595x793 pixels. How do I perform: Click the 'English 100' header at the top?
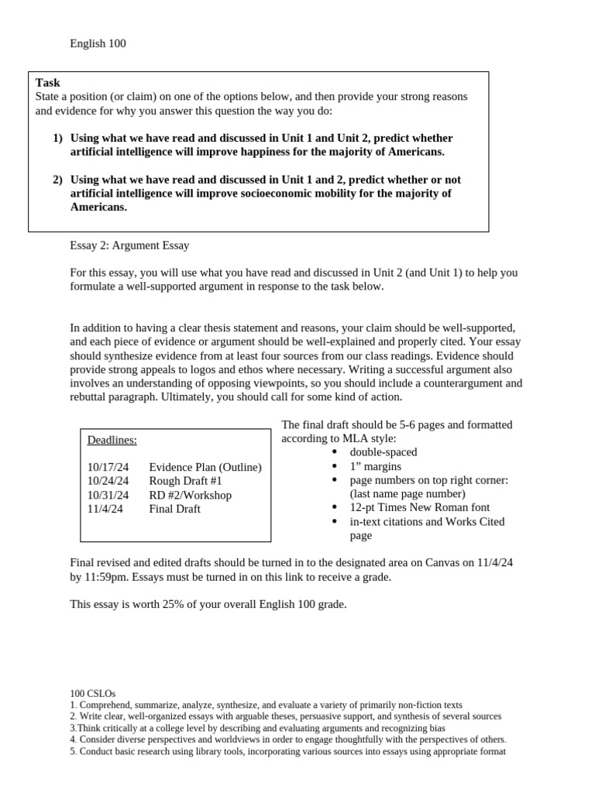(x=98, y=43)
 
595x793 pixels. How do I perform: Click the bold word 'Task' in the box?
(x=48, y=83)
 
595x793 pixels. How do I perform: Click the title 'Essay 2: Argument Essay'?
(x=129, y=245)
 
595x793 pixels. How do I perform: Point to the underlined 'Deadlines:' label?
(x=112, y=440)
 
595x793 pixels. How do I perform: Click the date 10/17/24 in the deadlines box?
(x=108, y=467)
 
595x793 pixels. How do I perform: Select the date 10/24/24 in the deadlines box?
(x=108, y=481)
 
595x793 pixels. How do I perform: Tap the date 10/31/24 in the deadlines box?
(x=108, y=495)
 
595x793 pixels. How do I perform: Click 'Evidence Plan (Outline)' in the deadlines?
(x=205, y=467)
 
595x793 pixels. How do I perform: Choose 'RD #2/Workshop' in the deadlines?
(x=190, y=495)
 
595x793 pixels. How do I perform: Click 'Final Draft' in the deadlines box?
(x=174, y=509)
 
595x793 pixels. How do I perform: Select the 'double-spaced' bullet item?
(x=383, y=452)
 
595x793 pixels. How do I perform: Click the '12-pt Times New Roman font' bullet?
(x=419, y=507)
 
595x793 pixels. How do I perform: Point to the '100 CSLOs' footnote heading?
(x=92, y=694)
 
